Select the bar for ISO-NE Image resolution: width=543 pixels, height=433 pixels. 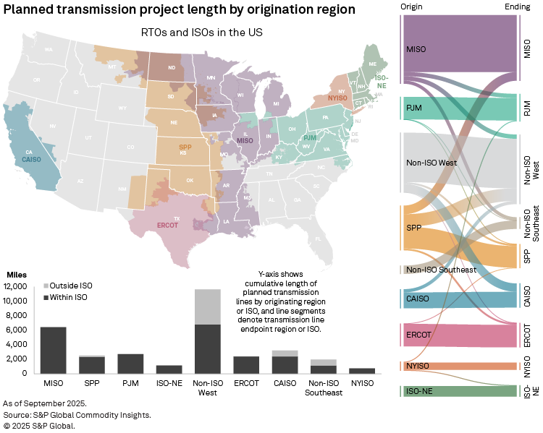pos(169,369)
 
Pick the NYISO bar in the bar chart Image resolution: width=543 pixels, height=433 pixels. pos(361,371)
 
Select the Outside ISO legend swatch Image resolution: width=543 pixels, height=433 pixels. pos(47,286)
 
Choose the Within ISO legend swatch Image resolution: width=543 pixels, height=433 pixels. pos(47,297)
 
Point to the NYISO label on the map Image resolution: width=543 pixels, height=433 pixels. pos(337,98)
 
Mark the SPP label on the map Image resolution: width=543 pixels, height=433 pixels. pos(185,147)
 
